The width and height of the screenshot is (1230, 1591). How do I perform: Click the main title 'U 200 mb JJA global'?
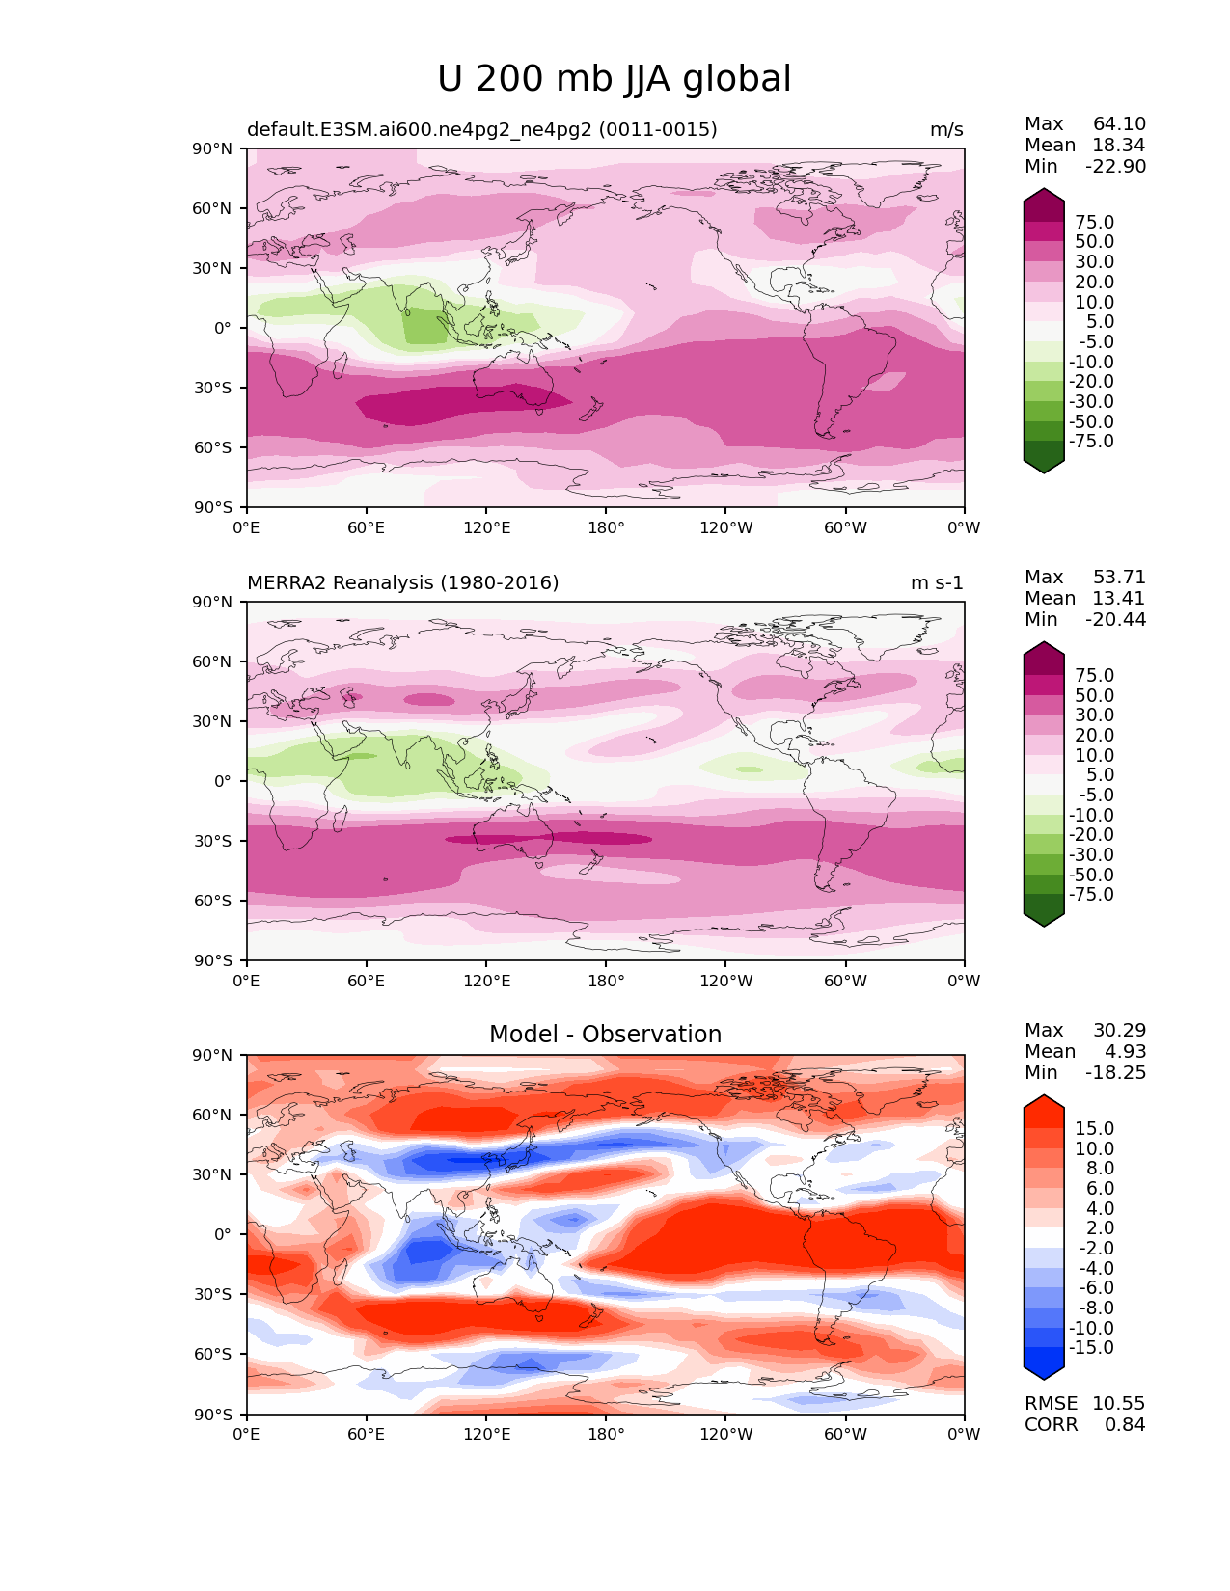click(614, 79)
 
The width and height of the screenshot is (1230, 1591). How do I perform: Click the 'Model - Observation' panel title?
click(605, 1034)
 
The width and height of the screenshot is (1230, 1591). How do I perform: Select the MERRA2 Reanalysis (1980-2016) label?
click(403, 582)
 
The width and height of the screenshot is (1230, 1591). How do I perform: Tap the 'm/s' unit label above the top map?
click(946, 129)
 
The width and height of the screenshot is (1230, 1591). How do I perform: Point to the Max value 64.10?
click(1119, 123)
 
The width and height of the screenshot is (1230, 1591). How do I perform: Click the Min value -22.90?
click(1116, 166)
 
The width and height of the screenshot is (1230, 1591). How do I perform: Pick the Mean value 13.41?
click(1119, 598)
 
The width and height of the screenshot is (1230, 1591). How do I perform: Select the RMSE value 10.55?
click(1119, 1403)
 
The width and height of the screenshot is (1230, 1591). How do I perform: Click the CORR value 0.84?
click(1125, 1424)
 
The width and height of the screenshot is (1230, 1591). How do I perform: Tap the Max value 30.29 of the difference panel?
click(1119, 1030)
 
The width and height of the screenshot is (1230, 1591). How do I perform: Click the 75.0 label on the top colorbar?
click(1095, 222)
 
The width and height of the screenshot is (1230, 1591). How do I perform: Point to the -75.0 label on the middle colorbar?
click(1091, 894)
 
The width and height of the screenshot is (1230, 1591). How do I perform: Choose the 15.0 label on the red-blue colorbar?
click(1095, 1128)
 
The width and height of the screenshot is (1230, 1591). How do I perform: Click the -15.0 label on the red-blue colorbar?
click(1091, 1347)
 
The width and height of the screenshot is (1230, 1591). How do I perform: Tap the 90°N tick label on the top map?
click(212, 149)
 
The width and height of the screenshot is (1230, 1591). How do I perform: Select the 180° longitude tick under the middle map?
click(606, 981)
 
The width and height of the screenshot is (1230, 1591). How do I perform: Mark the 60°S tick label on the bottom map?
click(212, 1355)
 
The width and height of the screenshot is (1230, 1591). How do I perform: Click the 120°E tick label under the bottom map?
click(486, 1435)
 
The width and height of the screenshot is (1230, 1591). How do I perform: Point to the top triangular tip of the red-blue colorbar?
click(1043, 1095)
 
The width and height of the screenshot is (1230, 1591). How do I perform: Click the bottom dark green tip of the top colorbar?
click(1043, 472)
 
